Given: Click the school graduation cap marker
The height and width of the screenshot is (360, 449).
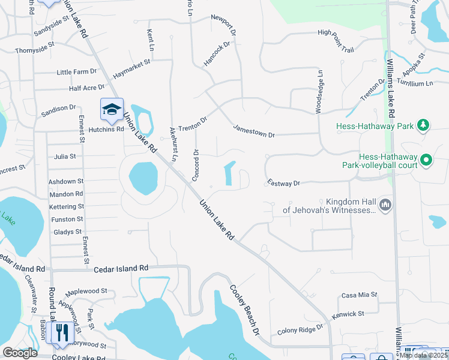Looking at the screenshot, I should click(x=112, y=109).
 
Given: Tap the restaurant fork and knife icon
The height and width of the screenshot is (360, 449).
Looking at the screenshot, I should click(x=62, y=332).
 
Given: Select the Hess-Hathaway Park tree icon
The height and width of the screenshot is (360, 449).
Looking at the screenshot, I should click(x=424, y=125).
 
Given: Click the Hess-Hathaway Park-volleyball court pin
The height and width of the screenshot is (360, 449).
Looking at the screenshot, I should click(x=426, y=160).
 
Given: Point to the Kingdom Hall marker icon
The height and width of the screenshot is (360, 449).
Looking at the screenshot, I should click(x=385, y=206).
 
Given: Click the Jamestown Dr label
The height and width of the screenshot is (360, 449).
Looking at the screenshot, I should click(x=254, y=131).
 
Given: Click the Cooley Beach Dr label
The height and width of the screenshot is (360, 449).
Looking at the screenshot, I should click(x=246, y=309).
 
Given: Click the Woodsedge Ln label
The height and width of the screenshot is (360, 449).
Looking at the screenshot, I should click(x=320, y=91).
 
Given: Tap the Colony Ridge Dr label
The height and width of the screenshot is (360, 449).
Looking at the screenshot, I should click(x=300, y=330).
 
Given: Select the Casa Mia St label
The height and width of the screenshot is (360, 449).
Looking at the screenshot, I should click(x=359, y=295).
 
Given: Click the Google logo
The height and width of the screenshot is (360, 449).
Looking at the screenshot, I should click(x=20, y=353).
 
